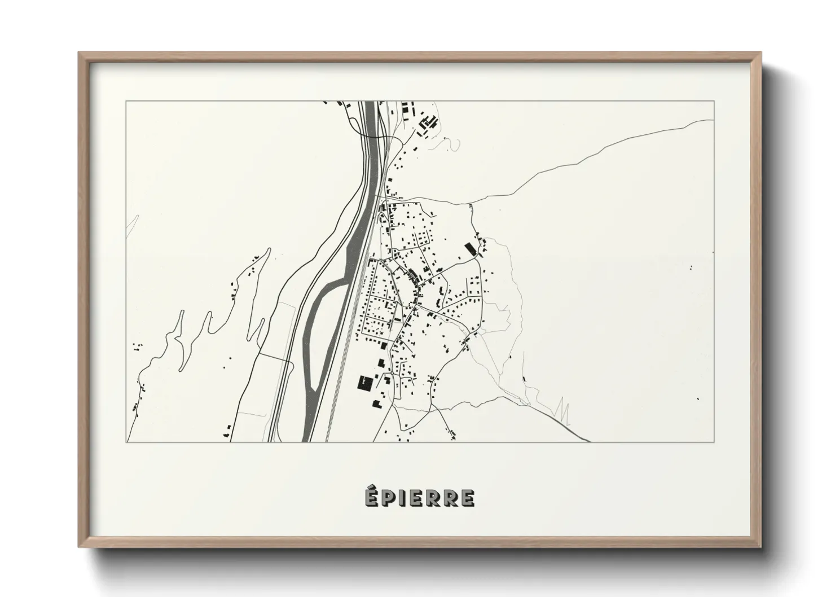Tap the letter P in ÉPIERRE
click(x=389, y=498)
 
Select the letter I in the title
click(x=403, y=498)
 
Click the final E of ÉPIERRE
click(x=467, y=498)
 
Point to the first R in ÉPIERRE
click(x=433, y=498)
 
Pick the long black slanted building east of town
click(x=468, y=249)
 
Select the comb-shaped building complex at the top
click(x=430, y=121)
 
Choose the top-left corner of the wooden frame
click(x=80, y=54)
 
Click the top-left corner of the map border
click(x=126, y=102)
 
